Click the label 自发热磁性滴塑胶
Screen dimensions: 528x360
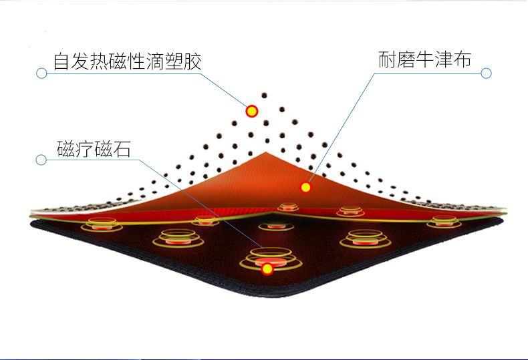127,61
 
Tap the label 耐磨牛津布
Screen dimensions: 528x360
424,59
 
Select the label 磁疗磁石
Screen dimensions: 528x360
94,148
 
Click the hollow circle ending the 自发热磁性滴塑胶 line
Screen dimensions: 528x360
41,73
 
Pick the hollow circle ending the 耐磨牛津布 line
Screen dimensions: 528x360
486,73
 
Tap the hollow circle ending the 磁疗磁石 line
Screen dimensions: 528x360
41,160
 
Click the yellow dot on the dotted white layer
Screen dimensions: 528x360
251,111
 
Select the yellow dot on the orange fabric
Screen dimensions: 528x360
305,188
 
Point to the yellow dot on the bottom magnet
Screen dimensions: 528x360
267,268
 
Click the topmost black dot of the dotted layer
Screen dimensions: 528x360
265,96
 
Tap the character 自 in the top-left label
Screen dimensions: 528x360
61,61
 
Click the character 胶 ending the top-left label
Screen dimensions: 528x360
192,61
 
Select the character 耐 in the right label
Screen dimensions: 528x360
387,59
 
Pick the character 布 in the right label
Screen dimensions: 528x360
462,59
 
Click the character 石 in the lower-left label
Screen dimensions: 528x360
122,149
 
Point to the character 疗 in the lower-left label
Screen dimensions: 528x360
84,149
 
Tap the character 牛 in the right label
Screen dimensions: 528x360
424,59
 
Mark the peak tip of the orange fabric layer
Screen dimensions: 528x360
266,152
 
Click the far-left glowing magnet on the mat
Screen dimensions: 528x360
102,224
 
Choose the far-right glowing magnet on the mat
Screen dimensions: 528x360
444,221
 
